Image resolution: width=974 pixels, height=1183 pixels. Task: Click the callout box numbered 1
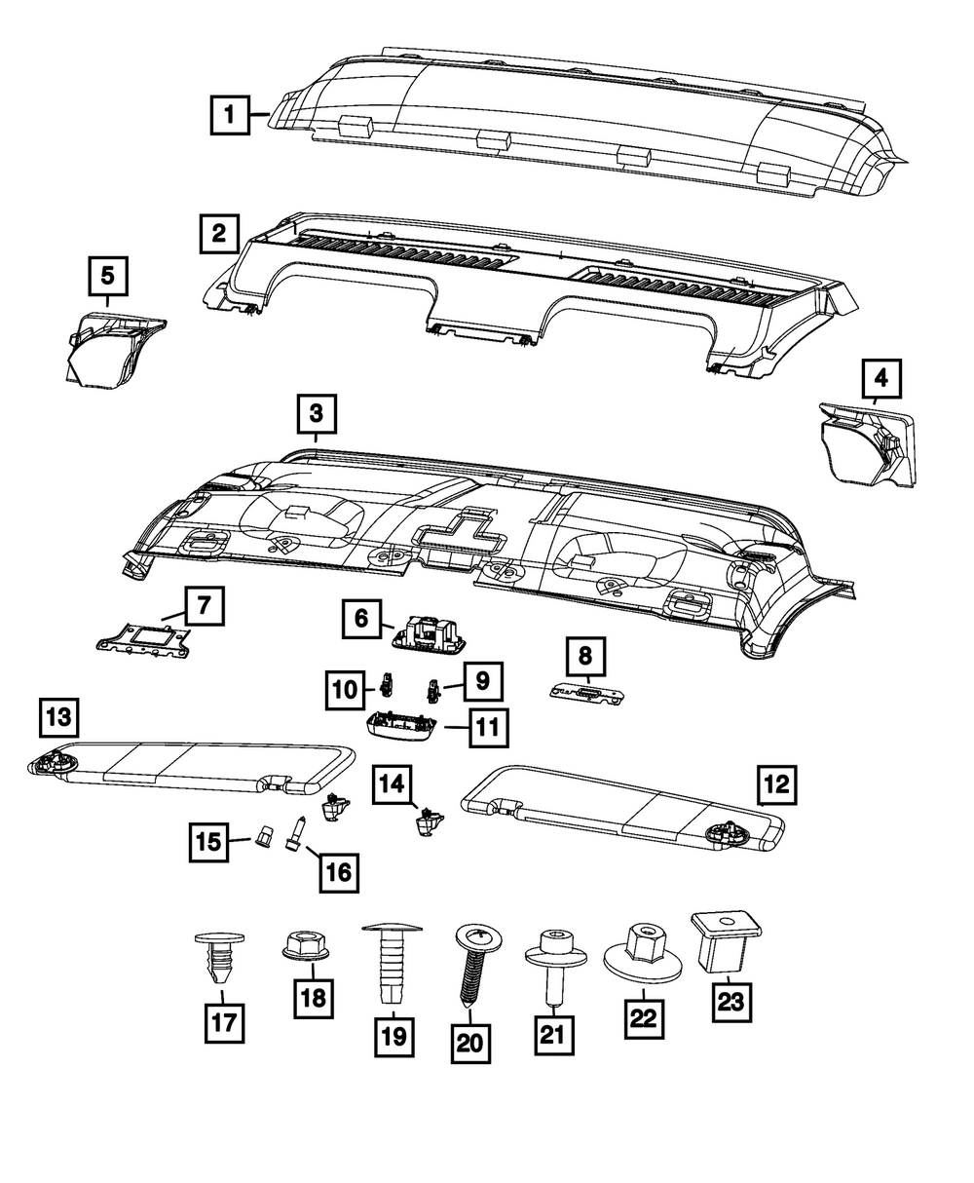230,114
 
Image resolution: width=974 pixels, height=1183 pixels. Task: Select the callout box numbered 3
317,414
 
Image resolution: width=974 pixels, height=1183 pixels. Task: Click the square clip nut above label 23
726,940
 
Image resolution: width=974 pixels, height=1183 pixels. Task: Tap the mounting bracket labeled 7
146,638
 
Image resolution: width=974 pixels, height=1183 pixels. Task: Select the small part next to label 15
263,836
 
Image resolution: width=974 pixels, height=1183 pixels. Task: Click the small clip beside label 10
387,682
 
